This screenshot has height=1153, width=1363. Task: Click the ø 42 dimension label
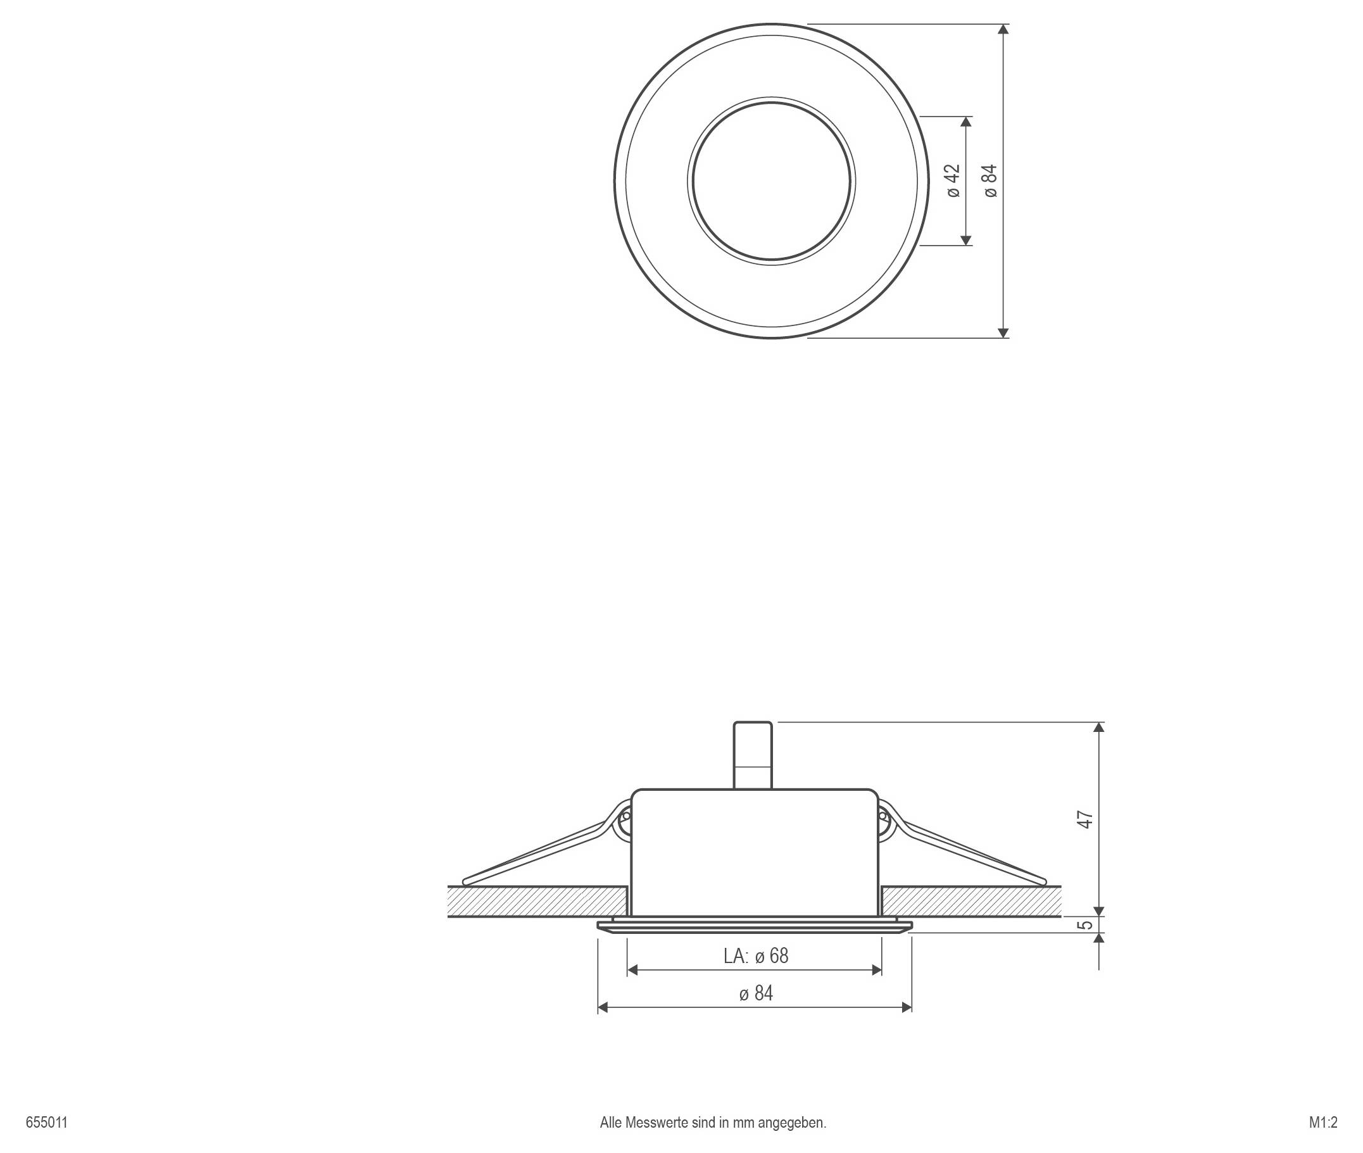[x=953, y=180]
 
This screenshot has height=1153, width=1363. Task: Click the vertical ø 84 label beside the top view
[x=991, y=180]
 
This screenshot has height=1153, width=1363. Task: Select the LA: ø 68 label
[x=755, y=955]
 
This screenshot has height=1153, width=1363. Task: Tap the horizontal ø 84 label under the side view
[x=756, y=993]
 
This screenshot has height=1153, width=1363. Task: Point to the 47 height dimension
[x=1084, y=819]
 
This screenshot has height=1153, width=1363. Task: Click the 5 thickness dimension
[x=1085, y=924]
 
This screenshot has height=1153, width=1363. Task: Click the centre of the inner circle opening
[x=771, y=181]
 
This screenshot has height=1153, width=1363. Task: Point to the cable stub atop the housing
[x=753, y=755]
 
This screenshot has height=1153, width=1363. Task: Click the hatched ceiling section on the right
[x=970, y=902]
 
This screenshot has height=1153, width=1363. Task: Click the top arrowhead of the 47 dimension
[x=1099, y=728]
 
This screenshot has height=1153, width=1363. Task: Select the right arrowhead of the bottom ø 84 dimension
[x=907, y=1008]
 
